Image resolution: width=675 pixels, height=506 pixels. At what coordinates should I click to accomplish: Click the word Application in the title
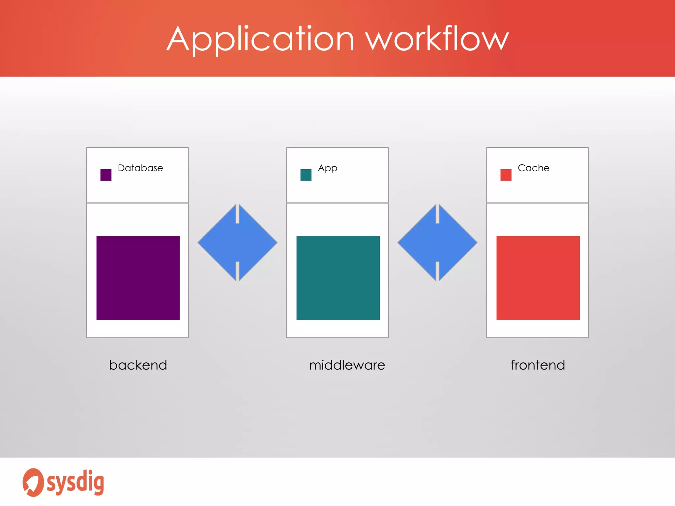click(260, 40)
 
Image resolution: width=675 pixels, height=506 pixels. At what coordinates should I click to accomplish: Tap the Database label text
click(140, 168)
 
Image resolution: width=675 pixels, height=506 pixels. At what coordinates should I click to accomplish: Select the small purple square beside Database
click(106, 175)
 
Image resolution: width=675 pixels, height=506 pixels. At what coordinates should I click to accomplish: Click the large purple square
click(138, 278)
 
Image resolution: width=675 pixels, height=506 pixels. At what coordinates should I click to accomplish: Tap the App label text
click(327, 168)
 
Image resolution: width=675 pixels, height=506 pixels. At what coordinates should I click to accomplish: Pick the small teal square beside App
click(306, 175)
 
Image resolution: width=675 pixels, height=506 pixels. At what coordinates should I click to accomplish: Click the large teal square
click(338, 278)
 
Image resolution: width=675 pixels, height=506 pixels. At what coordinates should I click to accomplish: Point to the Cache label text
click(533, 168)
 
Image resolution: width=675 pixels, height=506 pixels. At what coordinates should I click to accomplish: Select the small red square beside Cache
click(506, 175)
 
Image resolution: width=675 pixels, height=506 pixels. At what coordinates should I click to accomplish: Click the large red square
click(538, 278)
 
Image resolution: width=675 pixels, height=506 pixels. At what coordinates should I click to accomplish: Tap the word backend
click(138, 365)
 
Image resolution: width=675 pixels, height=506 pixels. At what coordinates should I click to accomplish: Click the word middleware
click(347, 365)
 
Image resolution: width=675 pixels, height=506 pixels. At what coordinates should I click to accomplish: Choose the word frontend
click(538, 365)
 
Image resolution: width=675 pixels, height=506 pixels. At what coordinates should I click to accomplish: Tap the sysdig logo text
click(75, 483)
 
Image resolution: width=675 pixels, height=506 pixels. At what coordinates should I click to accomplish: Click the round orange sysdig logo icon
click(33, 482)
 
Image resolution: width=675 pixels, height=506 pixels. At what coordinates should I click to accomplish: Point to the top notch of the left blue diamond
click(237, 214)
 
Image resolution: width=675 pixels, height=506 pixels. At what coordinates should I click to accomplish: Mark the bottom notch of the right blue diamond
click(437, 271)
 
